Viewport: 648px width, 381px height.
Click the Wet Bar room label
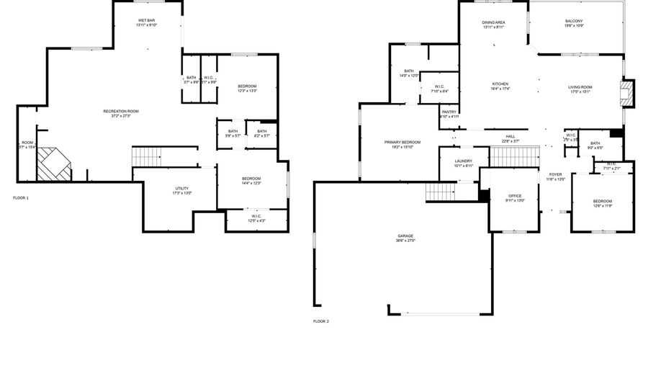[146, 21]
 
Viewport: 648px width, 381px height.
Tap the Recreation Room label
[120, 111]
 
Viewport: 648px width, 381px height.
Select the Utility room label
[181, 188]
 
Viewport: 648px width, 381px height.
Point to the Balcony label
[574, 22]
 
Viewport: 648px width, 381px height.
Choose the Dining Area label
[493, 22]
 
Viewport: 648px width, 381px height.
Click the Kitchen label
[500, 84]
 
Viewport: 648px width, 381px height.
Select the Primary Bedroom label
[402, 142]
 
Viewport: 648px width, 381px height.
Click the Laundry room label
[463, 161]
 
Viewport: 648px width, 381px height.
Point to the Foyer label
[555, 174]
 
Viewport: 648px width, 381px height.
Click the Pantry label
[449, 112]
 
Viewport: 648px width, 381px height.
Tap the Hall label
[510, 136]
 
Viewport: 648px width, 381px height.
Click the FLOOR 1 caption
[21, 197]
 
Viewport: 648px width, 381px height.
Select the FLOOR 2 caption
[321, 321]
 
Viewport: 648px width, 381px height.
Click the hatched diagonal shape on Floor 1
[54, 163]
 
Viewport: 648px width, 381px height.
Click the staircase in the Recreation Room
[145, 155]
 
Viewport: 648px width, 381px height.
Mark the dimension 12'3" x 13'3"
[247, 91]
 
